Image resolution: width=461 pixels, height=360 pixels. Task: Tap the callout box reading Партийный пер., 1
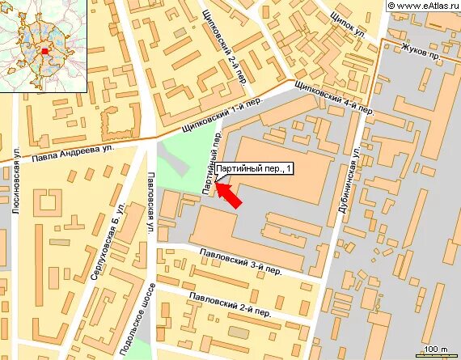(254, 169)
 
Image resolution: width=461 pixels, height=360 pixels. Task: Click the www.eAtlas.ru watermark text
(422, 6)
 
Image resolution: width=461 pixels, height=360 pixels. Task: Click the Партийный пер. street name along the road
(212, 163)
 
